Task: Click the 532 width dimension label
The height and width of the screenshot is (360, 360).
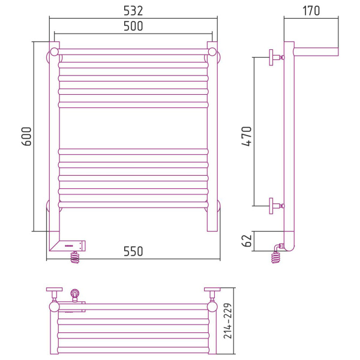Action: click(133, 11)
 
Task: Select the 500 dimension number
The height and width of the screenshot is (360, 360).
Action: click(133, 26)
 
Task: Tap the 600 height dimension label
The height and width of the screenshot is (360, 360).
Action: click(26, 136)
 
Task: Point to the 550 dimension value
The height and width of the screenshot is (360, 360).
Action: click(133, 251)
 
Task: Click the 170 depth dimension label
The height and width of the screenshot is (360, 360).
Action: click(311, 11)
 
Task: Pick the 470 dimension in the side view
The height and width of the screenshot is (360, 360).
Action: click(247, 136)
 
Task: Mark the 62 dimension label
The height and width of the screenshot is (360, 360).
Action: click(247, 241)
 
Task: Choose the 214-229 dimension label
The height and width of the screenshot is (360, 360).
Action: click(228, 321)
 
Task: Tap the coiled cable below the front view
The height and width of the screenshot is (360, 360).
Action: click(75, 257)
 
